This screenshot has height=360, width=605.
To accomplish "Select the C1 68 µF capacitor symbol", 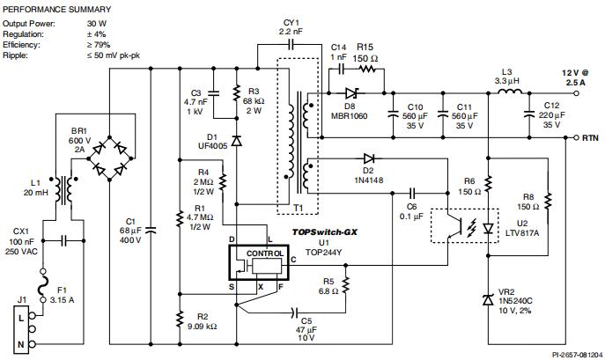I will pyautogui.click(x=150, y=231).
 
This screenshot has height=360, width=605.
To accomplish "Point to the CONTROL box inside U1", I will pyautogui.click(x=265, y=253).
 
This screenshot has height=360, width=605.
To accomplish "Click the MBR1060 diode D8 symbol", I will pyautogui.click(x=350, y=91).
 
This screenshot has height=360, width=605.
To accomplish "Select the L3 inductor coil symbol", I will pyautogui.click(x=505, y=89).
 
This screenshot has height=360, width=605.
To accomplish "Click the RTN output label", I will pyautogui.click(x=588, y=138).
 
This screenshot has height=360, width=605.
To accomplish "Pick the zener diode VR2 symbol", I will pyautogui.click(x=487, y=300).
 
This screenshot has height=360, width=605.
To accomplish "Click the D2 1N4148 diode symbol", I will pyautogui.click(x=368, y=158).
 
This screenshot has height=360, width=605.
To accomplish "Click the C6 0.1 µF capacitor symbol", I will pyautogui.click(x=413, y=191).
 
